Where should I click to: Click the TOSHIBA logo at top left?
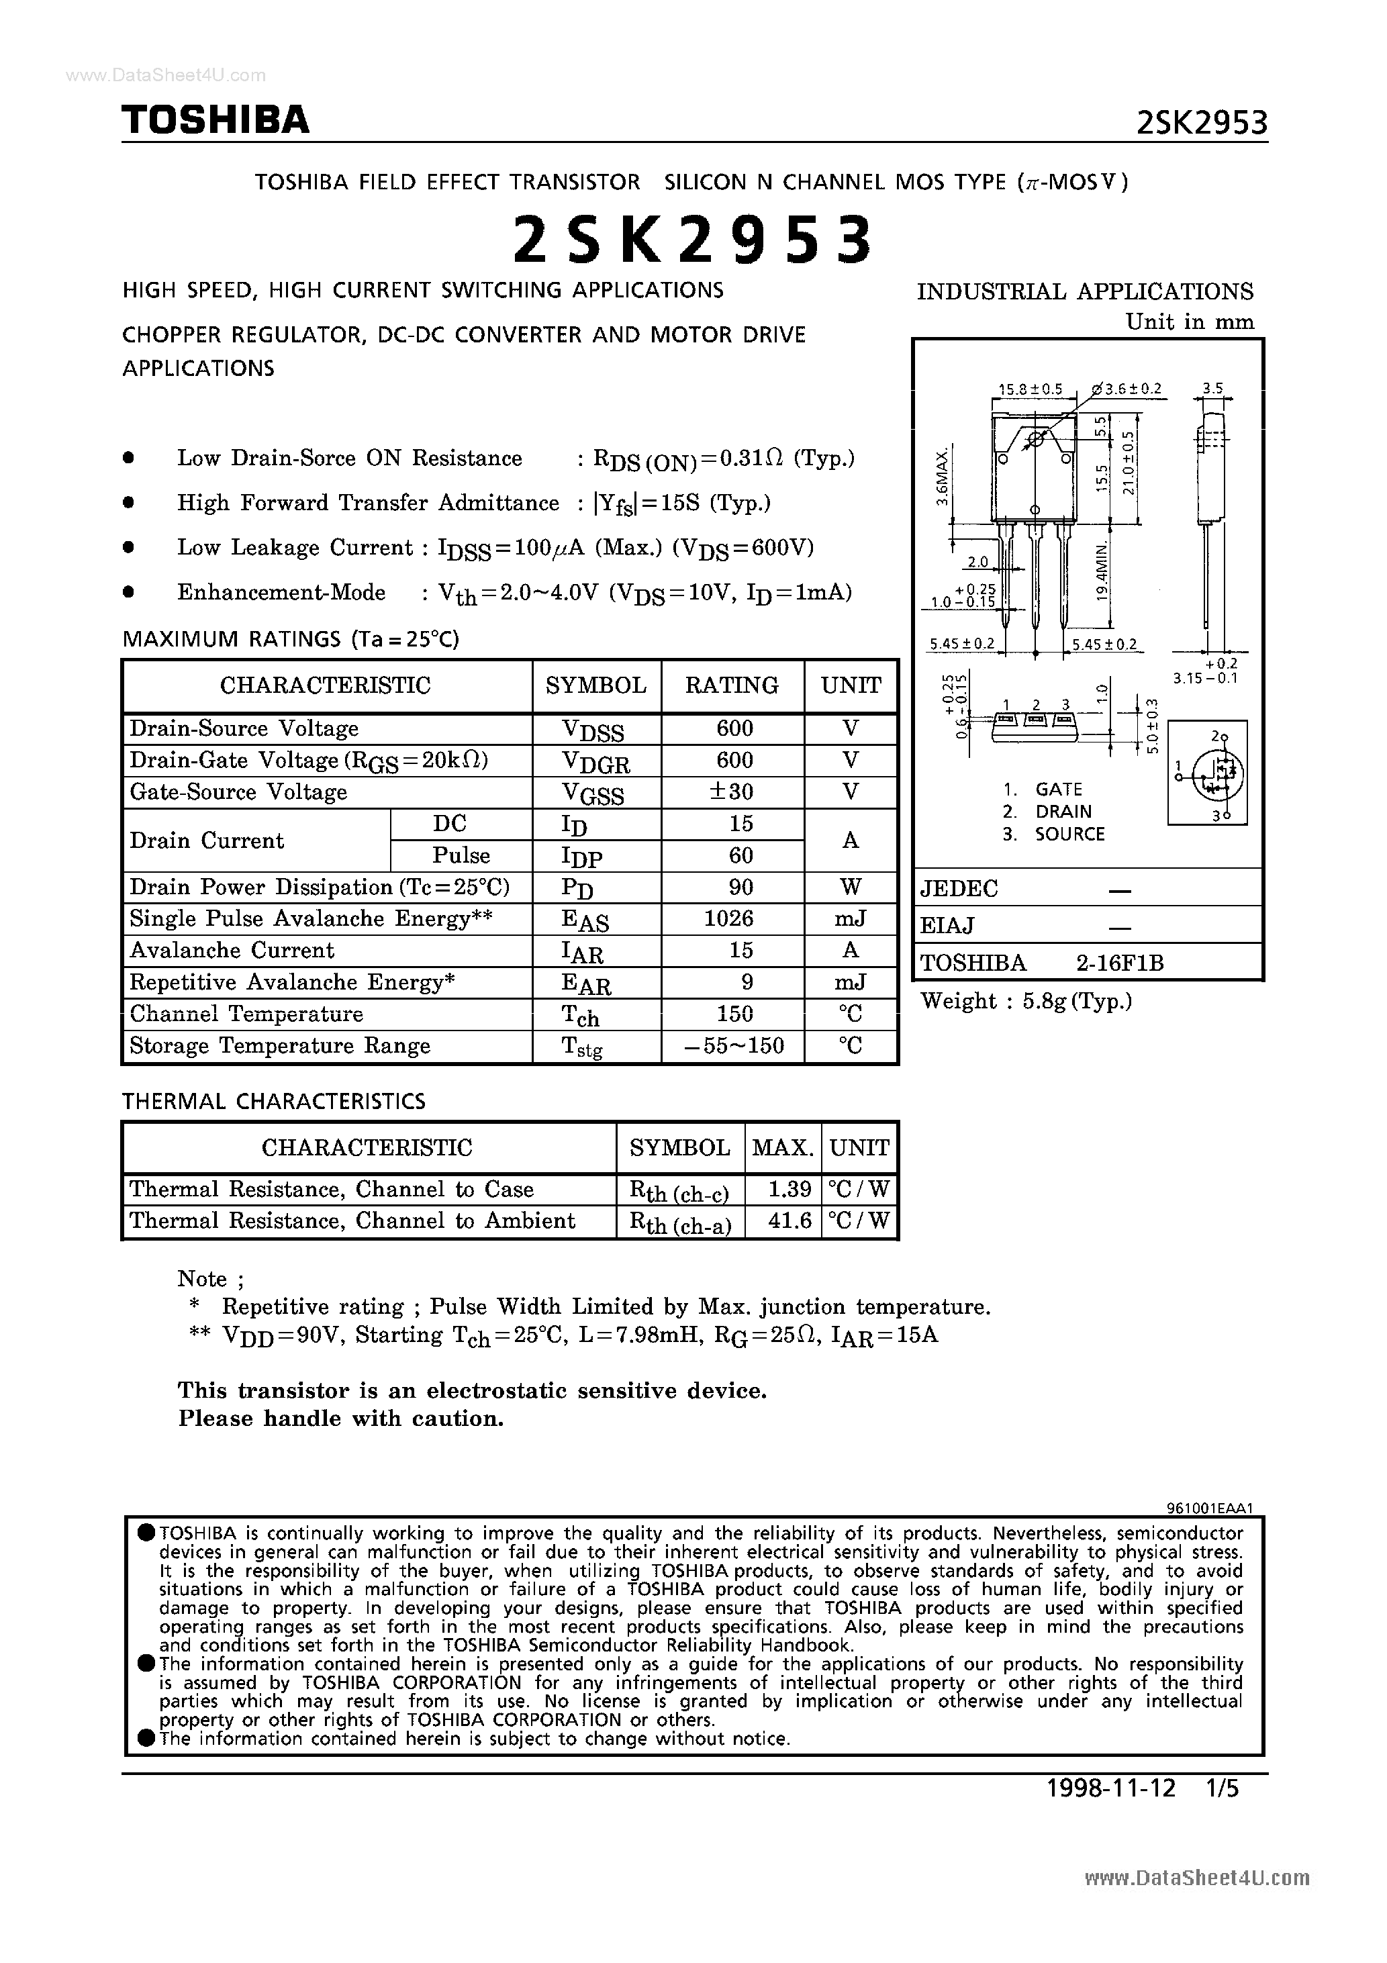pos(216,121)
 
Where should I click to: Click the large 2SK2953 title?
pos(693,240)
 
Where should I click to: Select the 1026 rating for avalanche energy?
pos(734,919)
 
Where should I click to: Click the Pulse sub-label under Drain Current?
pos(461,856)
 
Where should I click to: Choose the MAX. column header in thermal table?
pos(781,1148)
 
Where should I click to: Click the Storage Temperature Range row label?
pos(280,1047)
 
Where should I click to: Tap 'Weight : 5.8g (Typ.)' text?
pos(1026,1001)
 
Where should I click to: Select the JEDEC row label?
pos(959,889)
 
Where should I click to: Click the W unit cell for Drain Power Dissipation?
pos(850,888)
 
